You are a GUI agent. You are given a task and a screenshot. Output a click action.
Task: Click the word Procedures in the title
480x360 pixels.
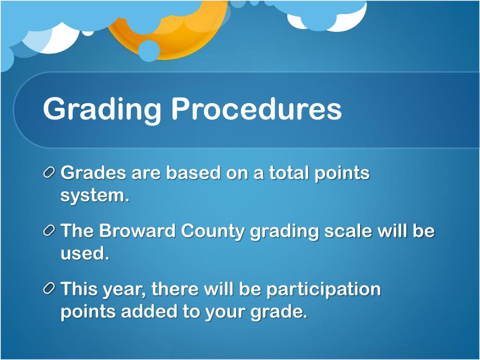[x=256, y=109]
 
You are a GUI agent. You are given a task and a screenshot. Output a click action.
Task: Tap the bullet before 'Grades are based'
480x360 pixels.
[x=49, y=172]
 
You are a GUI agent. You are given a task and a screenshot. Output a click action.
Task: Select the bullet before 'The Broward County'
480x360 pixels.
[x=49, y=231]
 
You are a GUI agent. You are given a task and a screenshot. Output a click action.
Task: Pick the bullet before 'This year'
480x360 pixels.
[x=49, y=288]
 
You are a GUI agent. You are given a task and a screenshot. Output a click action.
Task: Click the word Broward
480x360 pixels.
[x=137, y=231]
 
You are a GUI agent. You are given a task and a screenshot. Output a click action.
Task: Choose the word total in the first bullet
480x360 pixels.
[x=289, y=173]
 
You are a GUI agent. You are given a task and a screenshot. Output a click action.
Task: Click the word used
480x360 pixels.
[x=85, y=254]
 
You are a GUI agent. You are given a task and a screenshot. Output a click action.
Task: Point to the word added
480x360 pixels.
[x=149, y=312]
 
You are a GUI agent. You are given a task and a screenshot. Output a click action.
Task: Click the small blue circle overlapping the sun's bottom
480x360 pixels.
[x=149, y=51]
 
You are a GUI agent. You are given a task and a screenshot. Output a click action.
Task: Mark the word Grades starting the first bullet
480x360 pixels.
[x=93, y=173]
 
